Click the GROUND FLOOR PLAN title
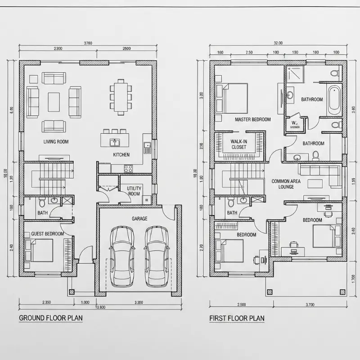tap(50, 318)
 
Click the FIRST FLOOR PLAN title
tap(237, 318)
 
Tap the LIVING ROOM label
tap(56, 142)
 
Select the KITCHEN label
tap(121, 155)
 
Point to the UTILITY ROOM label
tap(134, 191)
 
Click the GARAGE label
tap(139, 219)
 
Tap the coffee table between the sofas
tap(54, 102)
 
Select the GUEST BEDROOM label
tap(47, 234)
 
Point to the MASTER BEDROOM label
tap(252, 120)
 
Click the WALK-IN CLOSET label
tap(239, 144)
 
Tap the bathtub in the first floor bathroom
tap(334, 101)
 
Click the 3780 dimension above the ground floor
tap(88, 43)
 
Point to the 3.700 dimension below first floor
tap(310, 305)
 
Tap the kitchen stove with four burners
tap(128, 169)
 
